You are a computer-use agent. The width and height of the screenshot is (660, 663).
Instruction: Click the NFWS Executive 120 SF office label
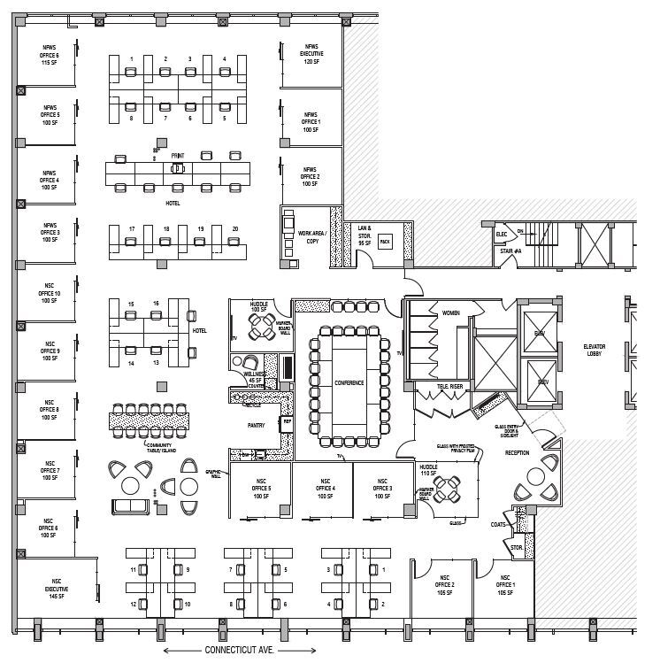pyautogui.click(x=310, y=53)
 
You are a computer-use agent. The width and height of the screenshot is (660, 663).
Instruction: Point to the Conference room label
pyautogui.click(x=349, y=382)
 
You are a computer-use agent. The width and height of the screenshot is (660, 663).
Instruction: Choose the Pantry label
pyautogui.click(x=256, y=425)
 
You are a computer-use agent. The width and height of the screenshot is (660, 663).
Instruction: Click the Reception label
pyautogui.click(x=518, y=452)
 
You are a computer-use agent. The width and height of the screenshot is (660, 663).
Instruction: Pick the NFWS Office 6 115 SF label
pyautogui.click(x=50, y=53)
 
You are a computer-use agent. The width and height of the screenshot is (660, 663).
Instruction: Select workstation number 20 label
pyautogui.click(x=234, y=229)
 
